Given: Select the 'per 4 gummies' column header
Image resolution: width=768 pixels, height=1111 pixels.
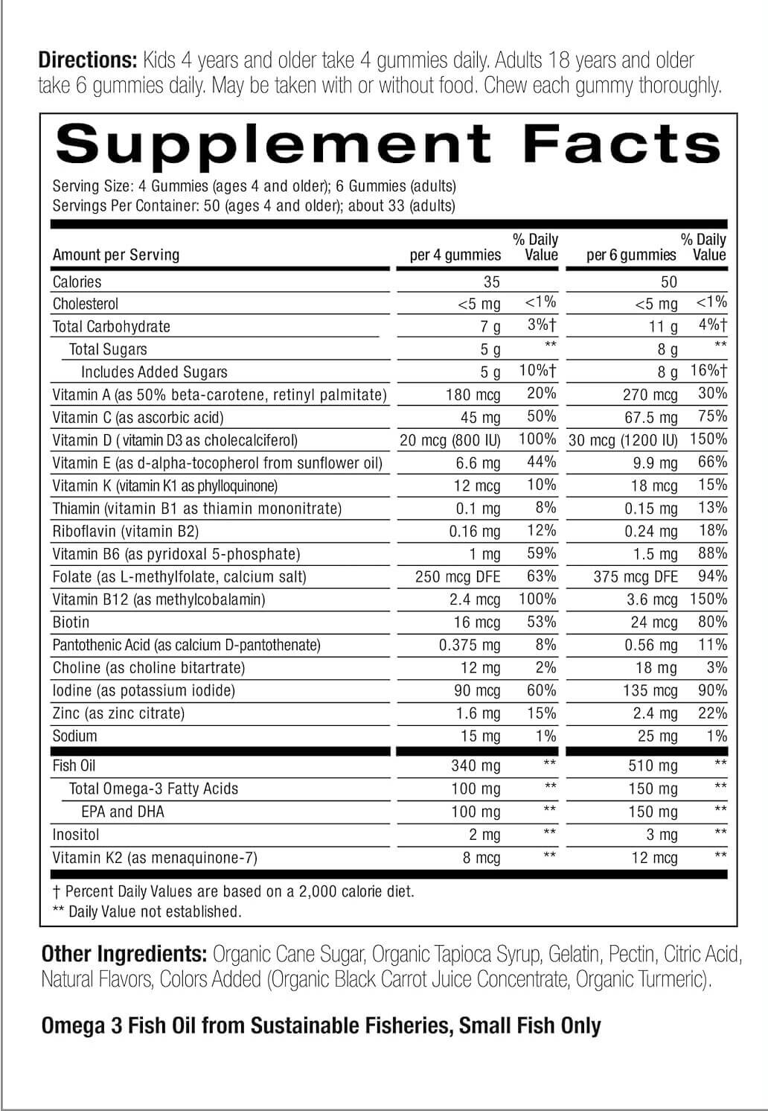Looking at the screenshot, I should (x=455, y=255).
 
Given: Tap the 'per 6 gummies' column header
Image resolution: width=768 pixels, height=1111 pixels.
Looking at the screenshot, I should (x=631, y=255).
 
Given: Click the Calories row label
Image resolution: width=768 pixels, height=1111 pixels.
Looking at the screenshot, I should (x=77, y=282).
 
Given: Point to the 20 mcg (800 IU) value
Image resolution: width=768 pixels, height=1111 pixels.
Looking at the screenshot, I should (x=450, y=441).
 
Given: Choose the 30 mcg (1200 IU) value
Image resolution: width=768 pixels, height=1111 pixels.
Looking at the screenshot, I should (x=624, y=441).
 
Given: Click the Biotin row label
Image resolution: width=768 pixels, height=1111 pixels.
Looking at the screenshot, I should (x=71, y=623).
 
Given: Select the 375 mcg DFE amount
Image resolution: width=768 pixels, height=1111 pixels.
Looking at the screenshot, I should (x=636, y=577).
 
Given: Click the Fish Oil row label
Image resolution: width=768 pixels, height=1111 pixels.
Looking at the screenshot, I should (x=74, y=766).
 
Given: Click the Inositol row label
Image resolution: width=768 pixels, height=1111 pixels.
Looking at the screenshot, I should (x=75, y=835).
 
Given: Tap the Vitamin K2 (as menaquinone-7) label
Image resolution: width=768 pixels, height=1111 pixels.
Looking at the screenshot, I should (x=155, y=858).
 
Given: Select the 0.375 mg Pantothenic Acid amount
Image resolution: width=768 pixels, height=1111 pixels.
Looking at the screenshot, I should (x=470, y=646).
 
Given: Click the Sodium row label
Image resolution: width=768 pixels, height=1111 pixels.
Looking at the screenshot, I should (x=74, y=736).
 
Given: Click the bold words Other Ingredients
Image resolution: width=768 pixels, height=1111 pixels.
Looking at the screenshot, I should (x=124, y=954).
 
